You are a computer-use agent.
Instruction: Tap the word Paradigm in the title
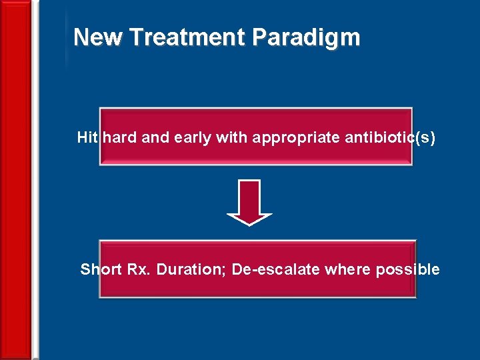(306, 38)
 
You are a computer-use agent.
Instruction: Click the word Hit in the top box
(88, 138)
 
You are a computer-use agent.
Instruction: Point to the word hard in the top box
(120, 138)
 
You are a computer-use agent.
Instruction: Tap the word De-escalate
(275, 269)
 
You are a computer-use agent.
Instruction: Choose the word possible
(407, 269)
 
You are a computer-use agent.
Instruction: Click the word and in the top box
(155, 138)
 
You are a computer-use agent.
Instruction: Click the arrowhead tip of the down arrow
(249, 223)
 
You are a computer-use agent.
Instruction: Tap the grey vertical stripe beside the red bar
(35, 180)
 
